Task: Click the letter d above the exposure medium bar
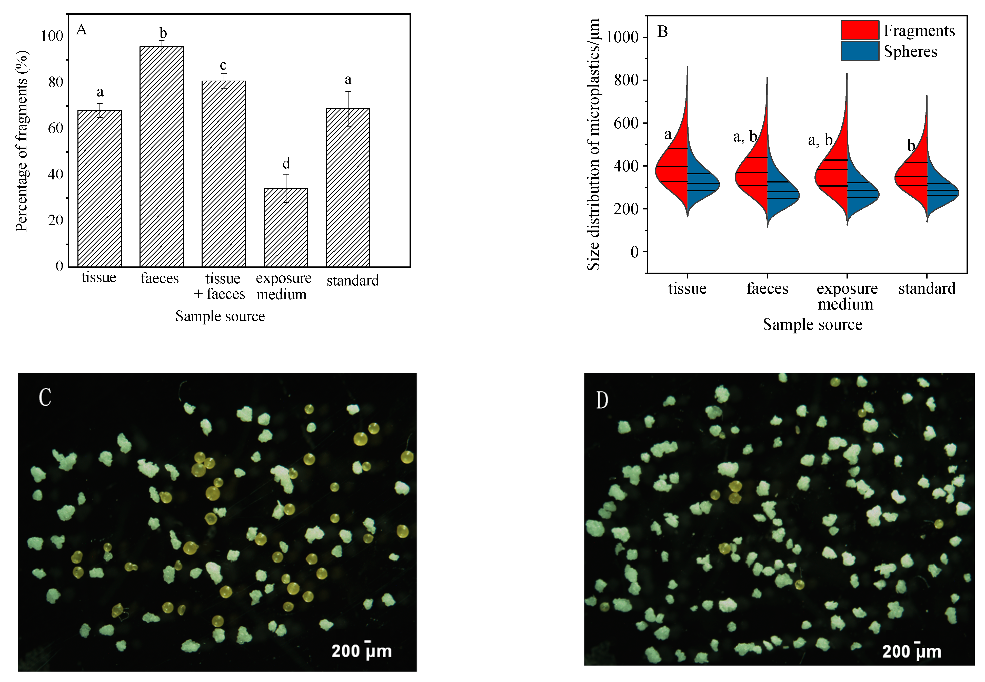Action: coord(286,164)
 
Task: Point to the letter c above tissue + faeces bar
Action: coord(223,65)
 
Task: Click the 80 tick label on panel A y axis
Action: coord(55,82)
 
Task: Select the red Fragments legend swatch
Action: coord(860,30)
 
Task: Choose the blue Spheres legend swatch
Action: coord(860,51)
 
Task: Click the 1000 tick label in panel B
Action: coord(622,37)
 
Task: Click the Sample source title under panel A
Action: coord(220,316)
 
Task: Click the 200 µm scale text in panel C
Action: coord(361,651)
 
